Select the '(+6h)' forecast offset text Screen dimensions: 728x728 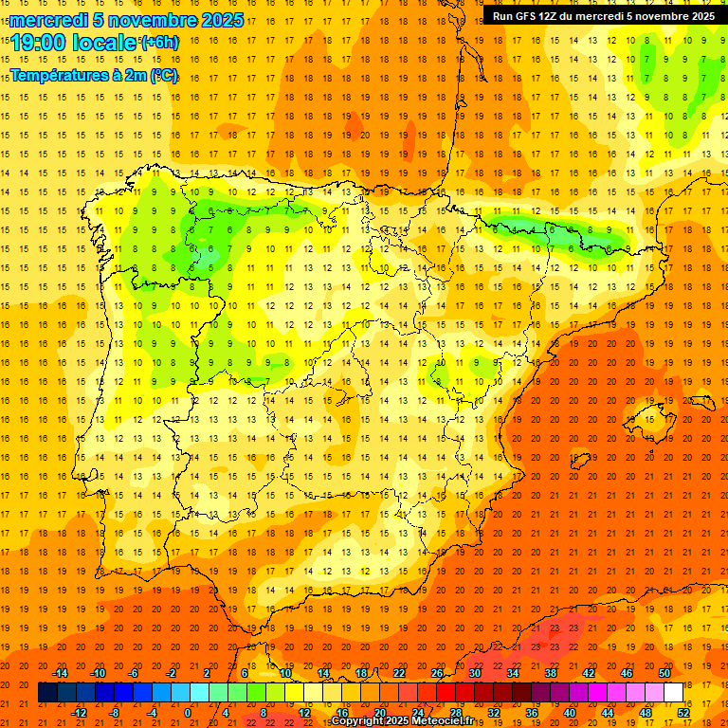click(158, 43)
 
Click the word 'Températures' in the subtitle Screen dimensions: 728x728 click(60, 76)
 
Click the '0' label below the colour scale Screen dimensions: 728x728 click(188, 713)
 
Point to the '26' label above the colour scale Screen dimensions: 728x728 click(437, 673)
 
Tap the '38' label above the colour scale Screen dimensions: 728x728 click(551, 673)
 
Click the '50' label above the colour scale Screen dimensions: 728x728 click(664, 673)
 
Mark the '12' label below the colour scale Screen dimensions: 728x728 click(304, 713)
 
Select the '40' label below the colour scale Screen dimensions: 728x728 click(569, 713)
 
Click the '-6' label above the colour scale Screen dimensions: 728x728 click(134, 673)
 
